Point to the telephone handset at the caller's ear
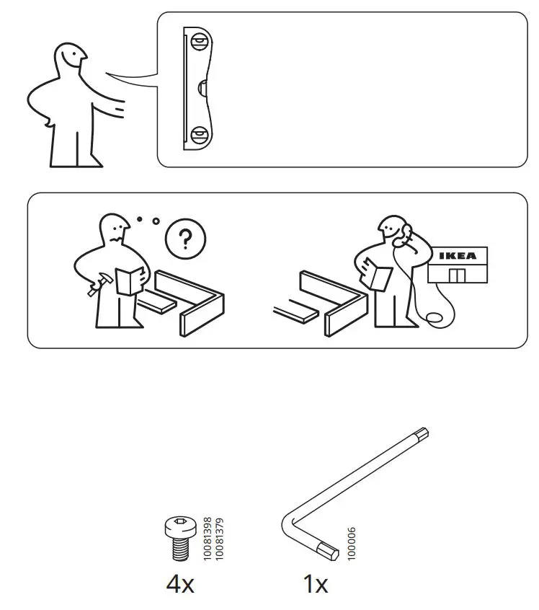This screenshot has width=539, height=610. [406, 233]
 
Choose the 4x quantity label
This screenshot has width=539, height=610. [180, 584]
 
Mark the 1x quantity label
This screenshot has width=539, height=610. [315, 584]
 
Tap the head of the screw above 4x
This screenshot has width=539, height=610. [178, 526]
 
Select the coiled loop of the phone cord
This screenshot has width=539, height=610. [434, 318]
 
